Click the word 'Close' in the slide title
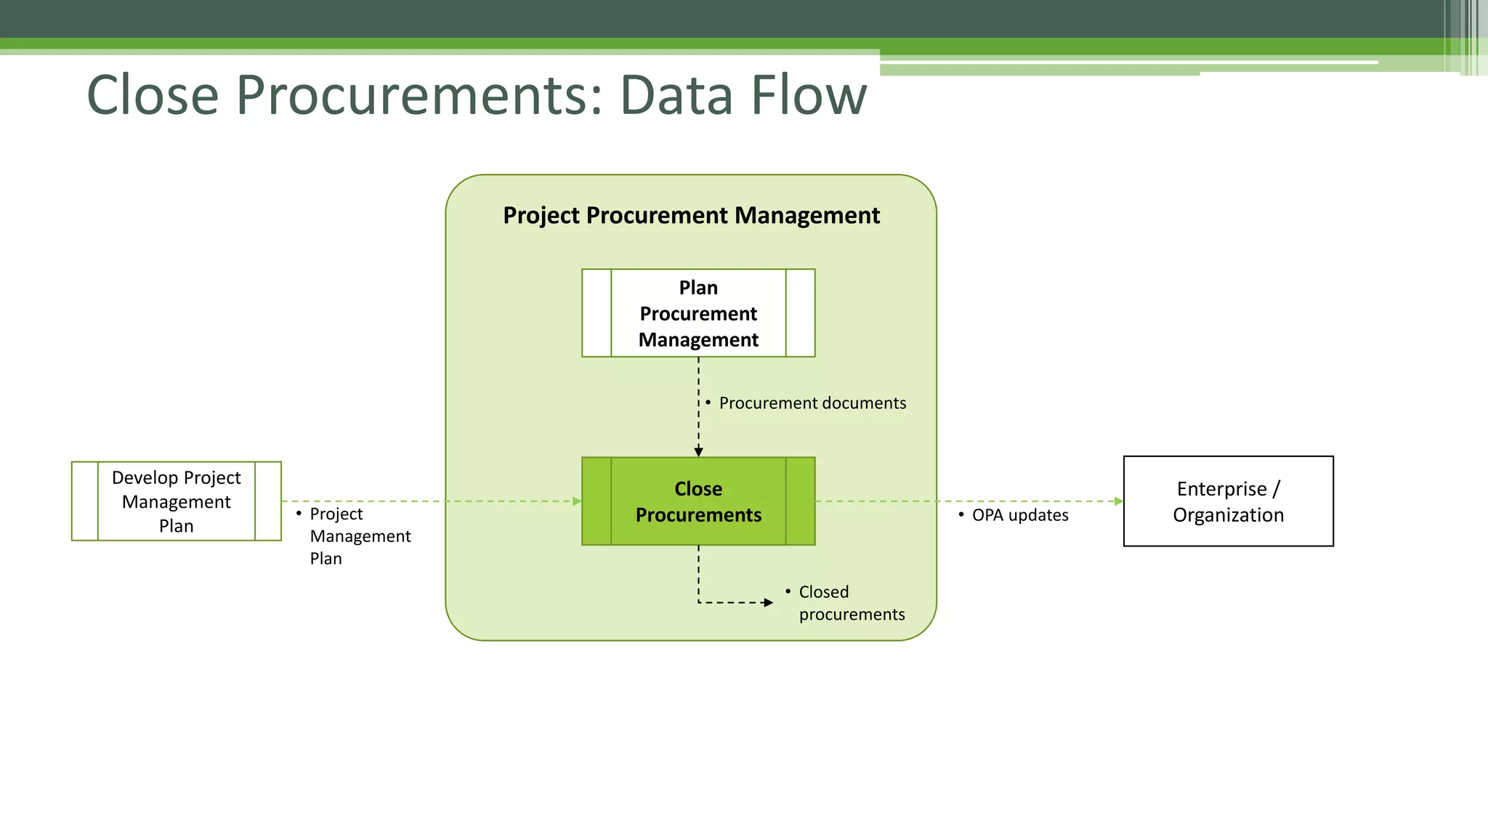coord(153,95)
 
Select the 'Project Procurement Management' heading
coord(691,216)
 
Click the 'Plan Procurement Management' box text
coord(698,313)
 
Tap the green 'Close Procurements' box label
coord(698,501)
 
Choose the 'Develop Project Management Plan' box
coord(176,501)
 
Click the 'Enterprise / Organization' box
coord(1228,501)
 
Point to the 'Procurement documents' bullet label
coord(812,403)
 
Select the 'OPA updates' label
coord(1020,515)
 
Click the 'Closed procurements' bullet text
coord(852,603)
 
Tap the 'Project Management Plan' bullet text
coord(360,536)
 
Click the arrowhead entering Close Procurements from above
coord(698,452)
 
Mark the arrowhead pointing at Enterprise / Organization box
coord(1118,501)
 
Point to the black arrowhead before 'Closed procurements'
coord(768,602)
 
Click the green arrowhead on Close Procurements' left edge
coord(577,501)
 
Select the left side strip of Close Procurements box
coord(597,501)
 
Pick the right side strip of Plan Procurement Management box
coord(800,313)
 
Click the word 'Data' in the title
coord(676,95)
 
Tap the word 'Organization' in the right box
coord(1228,515)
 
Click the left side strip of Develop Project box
coord(85,501)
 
